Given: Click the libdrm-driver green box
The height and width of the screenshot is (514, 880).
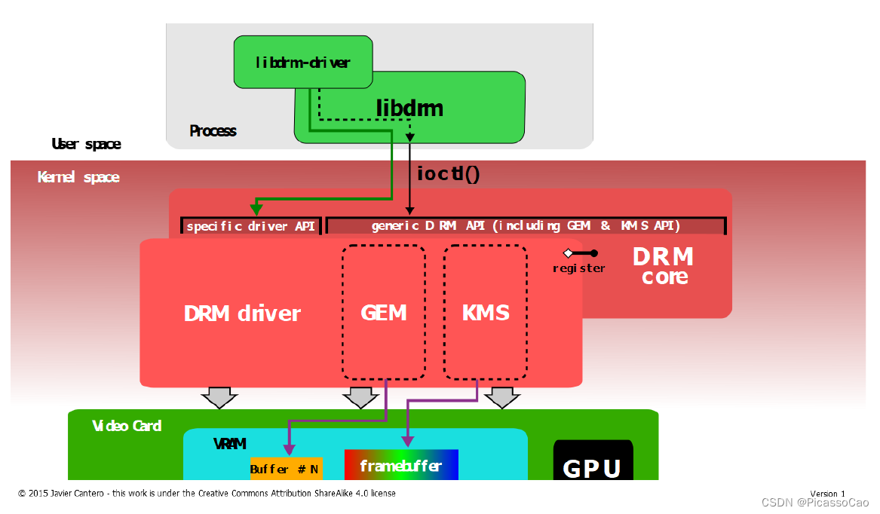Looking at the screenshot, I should [302, 63].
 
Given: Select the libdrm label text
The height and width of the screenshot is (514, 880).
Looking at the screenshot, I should [409, 109].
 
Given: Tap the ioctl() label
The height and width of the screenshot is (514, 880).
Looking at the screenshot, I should [448, 173].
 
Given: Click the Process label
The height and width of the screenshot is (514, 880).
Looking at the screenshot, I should [213, 131].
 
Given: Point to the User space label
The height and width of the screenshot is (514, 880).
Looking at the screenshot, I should [86, 144].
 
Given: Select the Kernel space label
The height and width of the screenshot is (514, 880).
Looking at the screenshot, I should [78, 178].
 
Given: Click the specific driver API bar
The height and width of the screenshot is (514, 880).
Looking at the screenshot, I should [251, 226].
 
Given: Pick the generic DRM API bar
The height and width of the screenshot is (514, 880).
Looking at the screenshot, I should [526, 226].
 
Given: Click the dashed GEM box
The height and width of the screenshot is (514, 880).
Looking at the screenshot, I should [384, 313].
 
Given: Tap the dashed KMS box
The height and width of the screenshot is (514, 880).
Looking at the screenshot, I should [485, 313].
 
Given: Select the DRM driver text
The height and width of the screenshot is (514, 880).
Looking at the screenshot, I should [242, 314].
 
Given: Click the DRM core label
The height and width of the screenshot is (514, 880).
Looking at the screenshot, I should [664, 265].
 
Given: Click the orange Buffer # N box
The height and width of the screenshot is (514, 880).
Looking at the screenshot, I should [286, 469].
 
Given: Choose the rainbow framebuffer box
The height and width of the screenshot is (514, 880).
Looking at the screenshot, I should [401, 465].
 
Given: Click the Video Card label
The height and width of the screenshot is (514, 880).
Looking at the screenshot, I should [127, 426].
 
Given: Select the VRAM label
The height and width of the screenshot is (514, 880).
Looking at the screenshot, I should [229, 445].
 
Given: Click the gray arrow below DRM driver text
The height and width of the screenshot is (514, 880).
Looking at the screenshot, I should [219, 397].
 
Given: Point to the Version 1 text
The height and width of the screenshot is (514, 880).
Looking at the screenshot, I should [827, 494].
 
